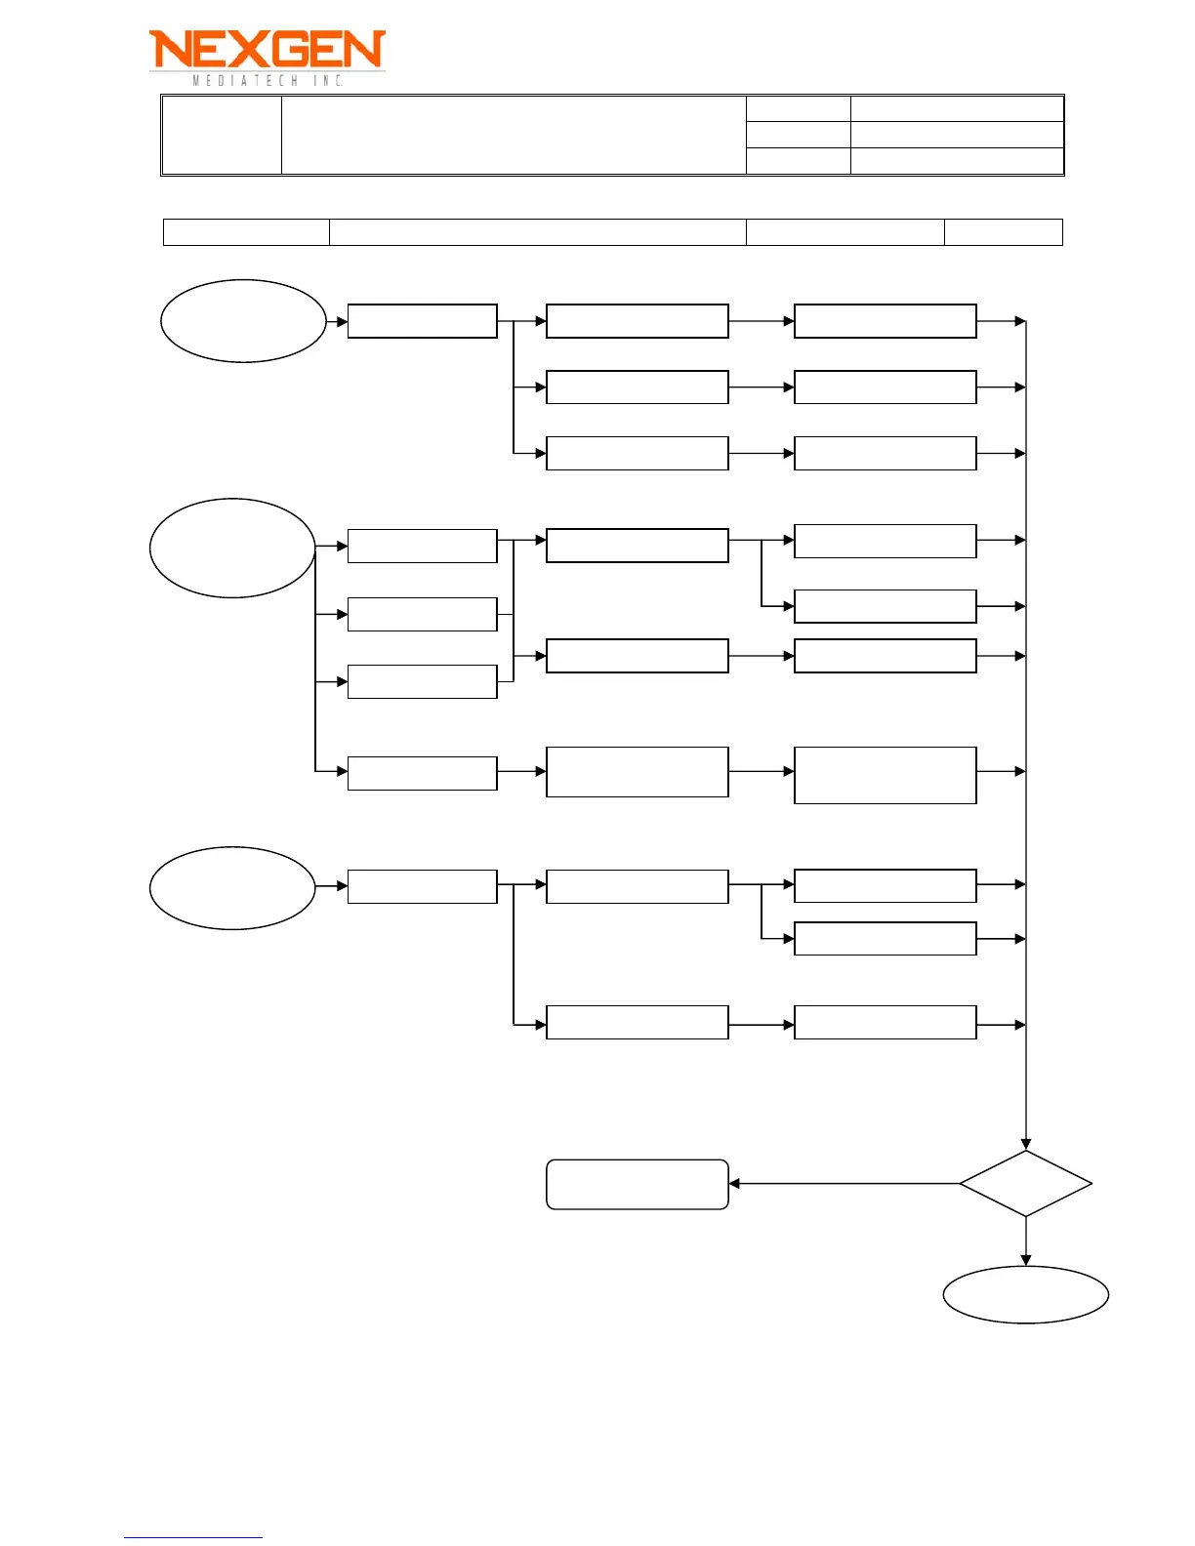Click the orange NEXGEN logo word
[x=267, y=49]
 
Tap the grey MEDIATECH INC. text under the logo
[x=268, y=80]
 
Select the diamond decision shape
[x=1025, y=1183]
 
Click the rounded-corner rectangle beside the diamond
[x=637, y=1184]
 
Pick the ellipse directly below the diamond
[x=1025, y=1294]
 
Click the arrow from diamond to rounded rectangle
[x=845, y=1183]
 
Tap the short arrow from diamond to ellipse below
[x=1025, y=1241]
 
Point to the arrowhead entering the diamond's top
[x=1025, y=1143]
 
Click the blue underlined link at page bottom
[x=192, y=1537]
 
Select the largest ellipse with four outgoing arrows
[x=232, y=548]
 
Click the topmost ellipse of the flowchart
[x=243, y=321]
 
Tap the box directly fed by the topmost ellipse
[x=422, y=321]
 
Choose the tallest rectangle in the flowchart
[x=885, y=775]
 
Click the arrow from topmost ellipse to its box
[x=337, y=321]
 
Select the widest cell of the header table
[x=514, y=135]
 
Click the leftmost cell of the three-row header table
[x=222, y=135]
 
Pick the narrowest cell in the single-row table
[x=1003, y=232]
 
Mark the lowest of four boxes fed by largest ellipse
[x=422, y=773]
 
